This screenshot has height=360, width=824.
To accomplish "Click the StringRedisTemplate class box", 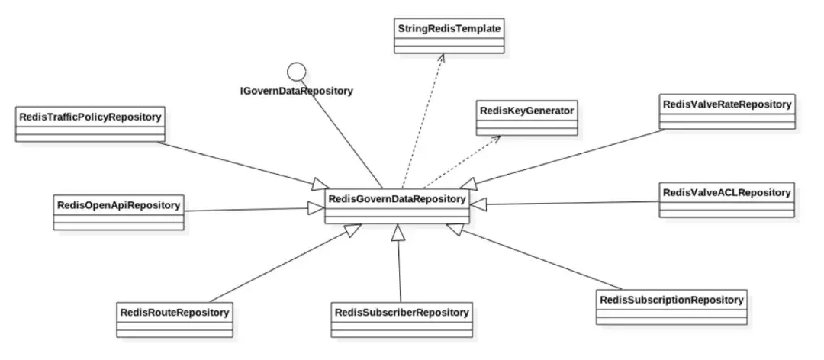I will click(449, 34).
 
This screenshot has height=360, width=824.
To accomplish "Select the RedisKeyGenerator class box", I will click(526, 117).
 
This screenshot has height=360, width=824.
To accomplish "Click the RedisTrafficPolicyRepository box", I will click(90, 123).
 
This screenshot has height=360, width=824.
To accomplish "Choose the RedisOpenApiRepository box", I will click(118, 211).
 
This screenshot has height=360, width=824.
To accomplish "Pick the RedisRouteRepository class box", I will click(174, 319).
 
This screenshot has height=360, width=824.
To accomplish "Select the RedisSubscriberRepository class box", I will click(401, 319).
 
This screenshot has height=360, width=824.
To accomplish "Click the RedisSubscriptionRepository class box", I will click(671, 306).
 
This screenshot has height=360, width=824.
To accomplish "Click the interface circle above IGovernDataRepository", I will click(295, 71).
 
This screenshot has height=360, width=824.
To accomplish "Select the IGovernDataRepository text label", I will click(296, 91).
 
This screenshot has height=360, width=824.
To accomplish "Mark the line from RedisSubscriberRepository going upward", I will click(399, 267).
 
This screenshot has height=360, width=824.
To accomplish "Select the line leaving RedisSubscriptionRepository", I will click(534, 259).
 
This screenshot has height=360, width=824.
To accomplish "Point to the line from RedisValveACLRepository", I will click(572, 203).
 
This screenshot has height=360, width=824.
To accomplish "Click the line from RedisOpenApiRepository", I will click(244, 209).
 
